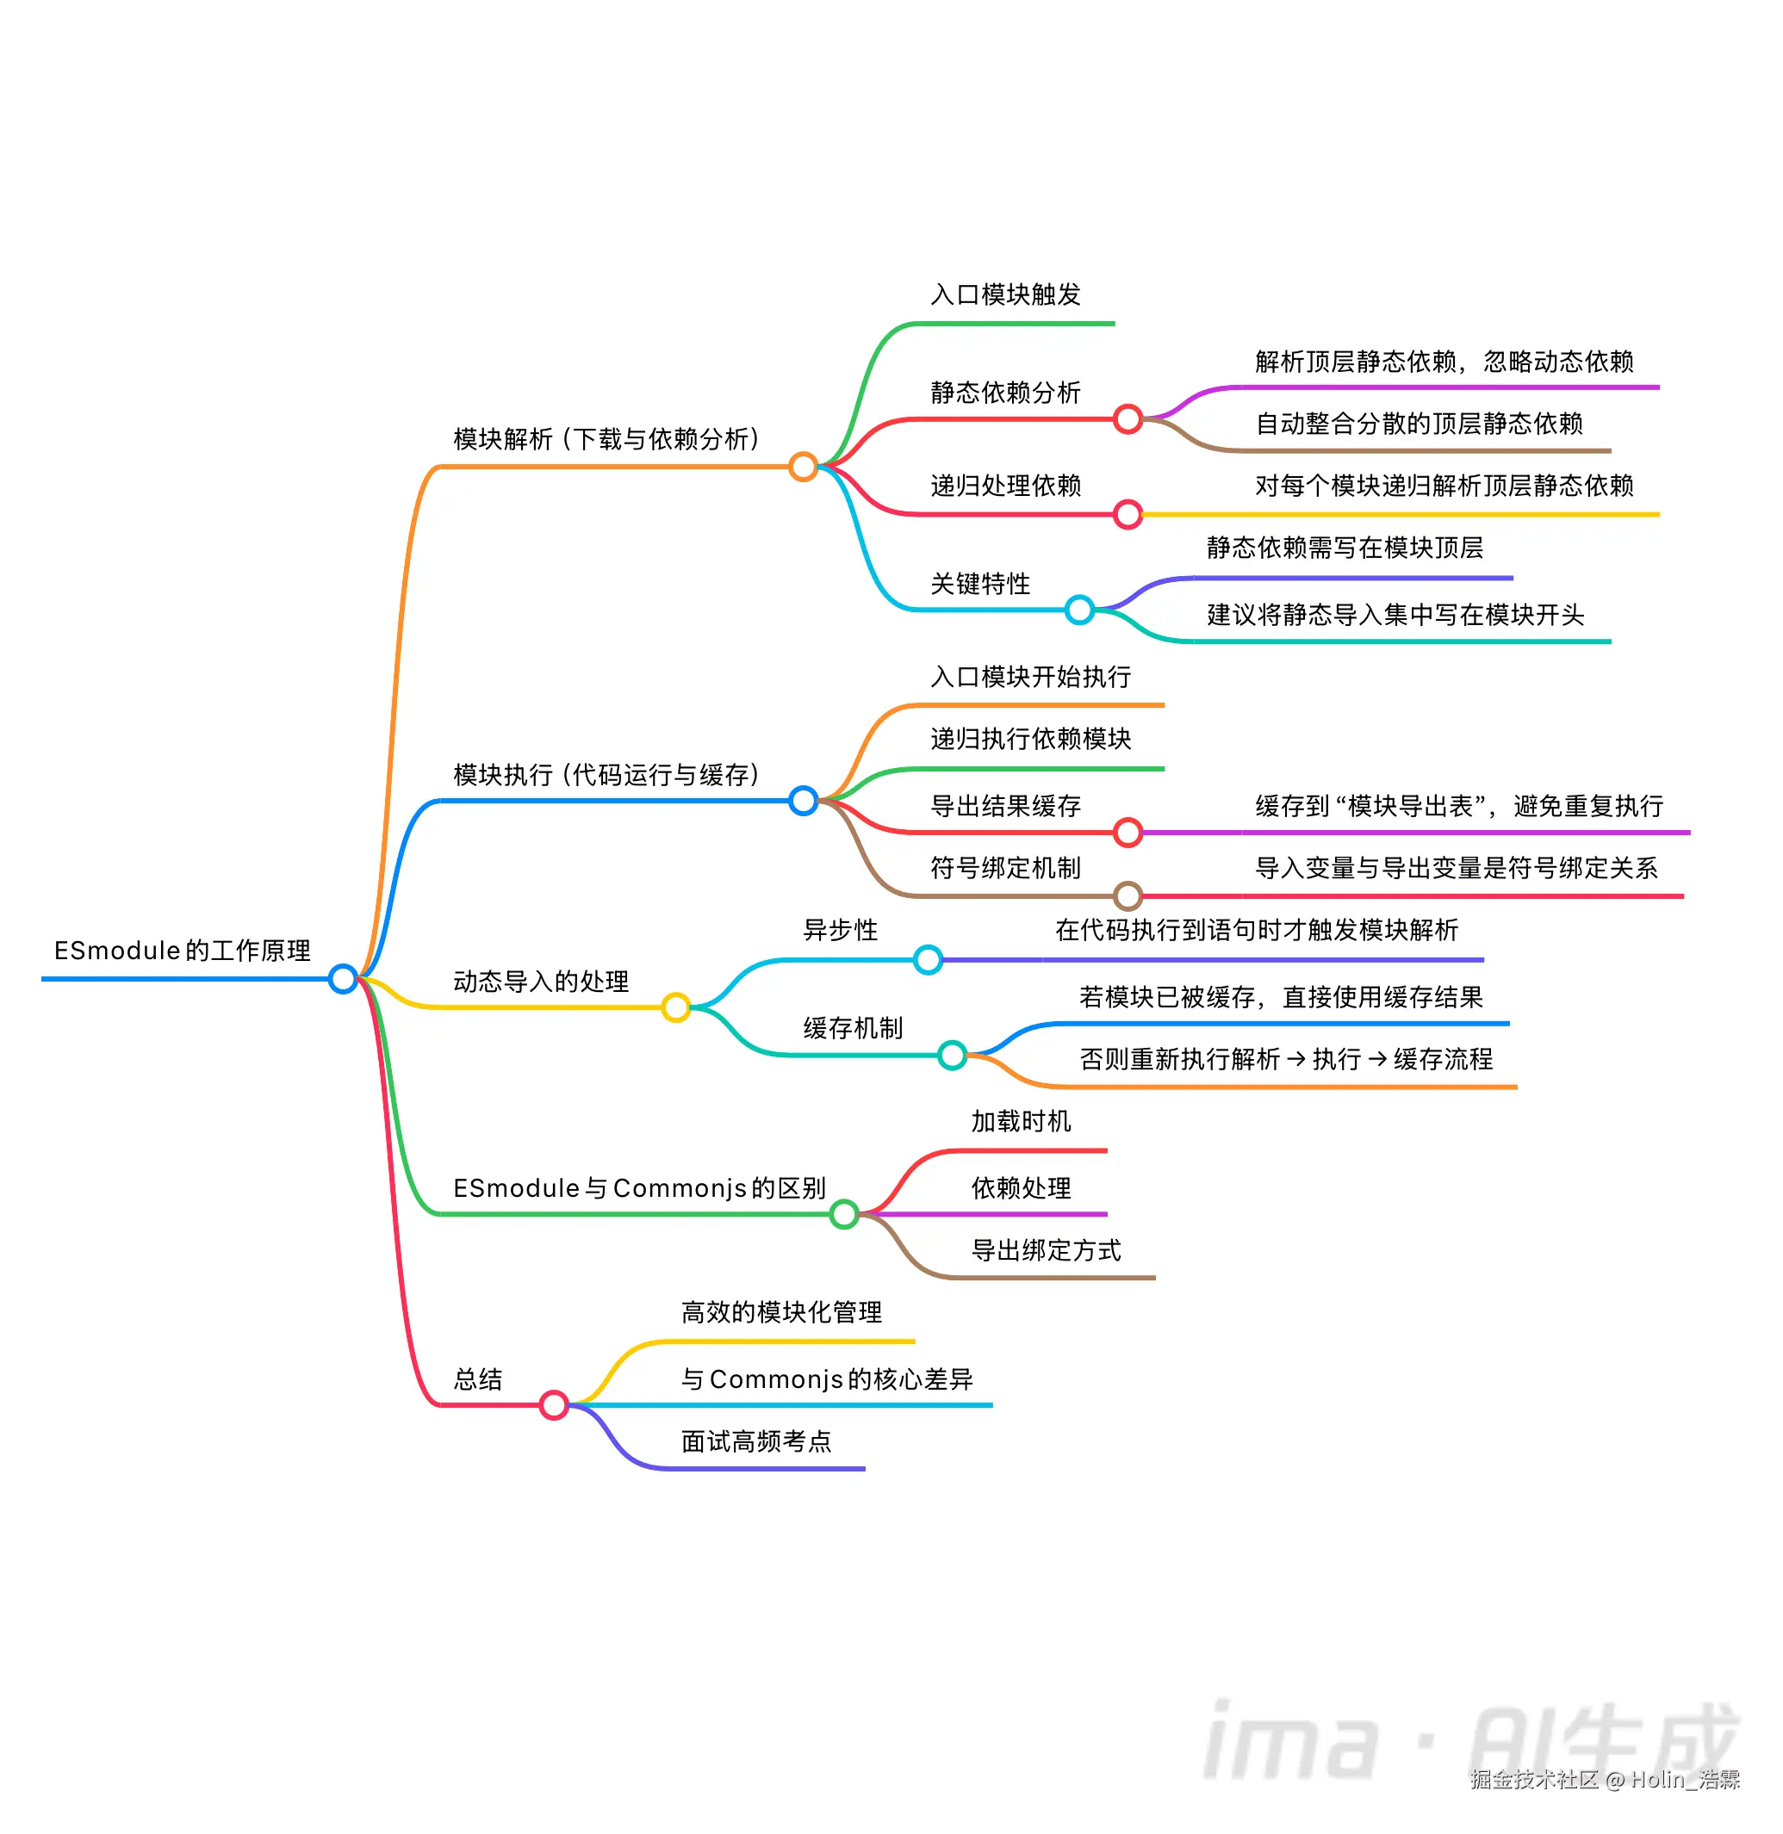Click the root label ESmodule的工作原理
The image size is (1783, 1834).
[182, 951]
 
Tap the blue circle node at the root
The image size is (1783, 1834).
[343, 978]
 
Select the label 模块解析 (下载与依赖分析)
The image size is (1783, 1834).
[606, 439]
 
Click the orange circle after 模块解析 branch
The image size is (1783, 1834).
[803, 466]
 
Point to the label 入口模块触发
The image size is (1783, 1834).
[1005, 294]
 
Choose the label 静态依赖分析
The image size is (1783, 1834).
[1005, 393]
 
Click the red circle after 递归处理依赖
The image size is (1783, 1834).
[1128, 514]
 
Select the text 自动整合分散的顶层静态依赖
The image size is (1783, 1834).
[1418, 424]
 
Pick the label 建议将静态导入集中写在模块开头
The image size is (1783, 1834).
[1395, 615]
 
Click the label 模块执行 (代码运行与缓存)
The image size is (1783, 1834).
[606, 774]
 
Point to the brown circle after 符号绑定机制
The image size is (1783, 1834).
[1128, 896]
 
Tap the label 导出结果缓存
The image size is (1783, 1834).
[1005, 806]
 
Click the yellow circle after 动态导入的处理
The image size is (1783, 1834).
[675, 1007]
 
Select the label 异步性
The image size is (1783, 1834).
[840, 930]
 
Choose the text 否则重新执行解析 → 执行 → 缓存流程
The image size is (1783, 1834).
[1285, 1059]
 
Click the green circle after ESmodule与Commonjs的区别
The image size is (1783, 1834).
[844, 1214]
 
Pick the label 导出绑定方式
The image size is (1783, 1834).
[1045, 1250]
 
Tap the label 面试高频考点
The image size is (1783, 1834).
[755, 1441]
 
